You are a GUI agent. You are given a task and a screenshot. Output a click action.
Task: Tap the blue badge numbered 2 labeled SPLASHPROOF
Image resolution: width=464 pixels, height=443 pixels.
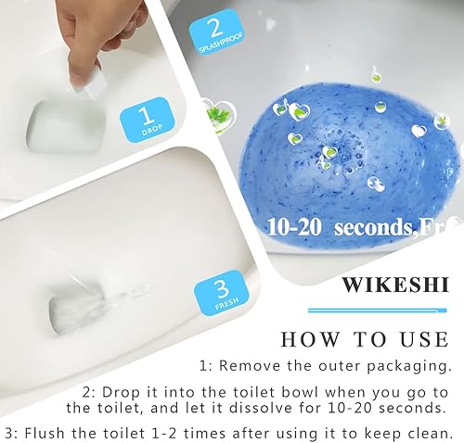pos(213,34)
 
